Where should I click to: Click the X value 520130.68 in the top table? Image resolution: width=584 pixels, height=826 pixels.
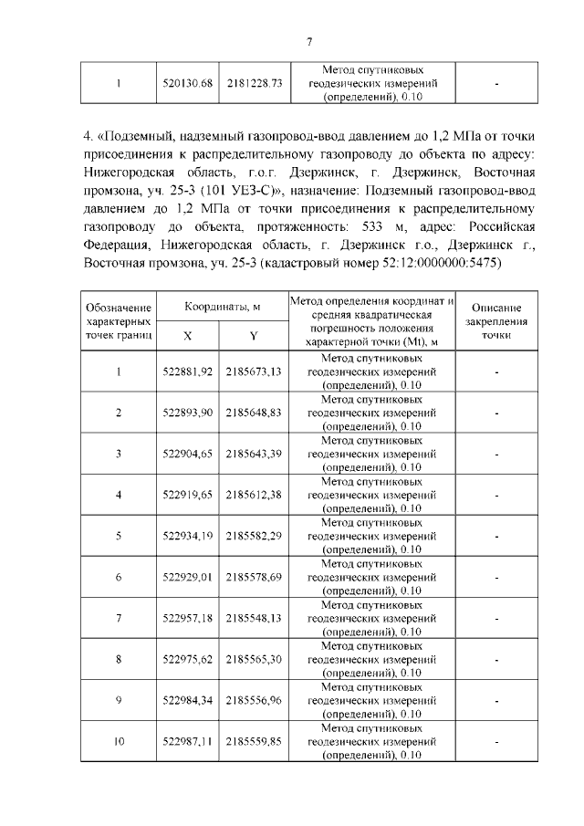[x=187, y=83]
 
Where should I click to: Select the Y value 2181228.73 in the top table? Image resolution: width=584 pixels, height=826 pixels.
[x=254, y=83]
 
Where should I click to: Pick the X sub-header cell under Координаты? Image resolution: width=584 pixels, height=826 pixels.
[x=188, y=336]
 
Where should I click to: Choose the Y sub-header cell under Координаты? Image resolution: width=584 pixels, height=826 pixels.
[x=254, y=336]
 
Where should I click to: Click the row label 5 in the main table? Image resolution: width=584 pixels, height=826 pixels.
[x=119, y=536]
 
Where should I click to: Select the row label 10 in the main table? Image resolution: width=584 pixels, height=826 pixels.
[x=119, y=742]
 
